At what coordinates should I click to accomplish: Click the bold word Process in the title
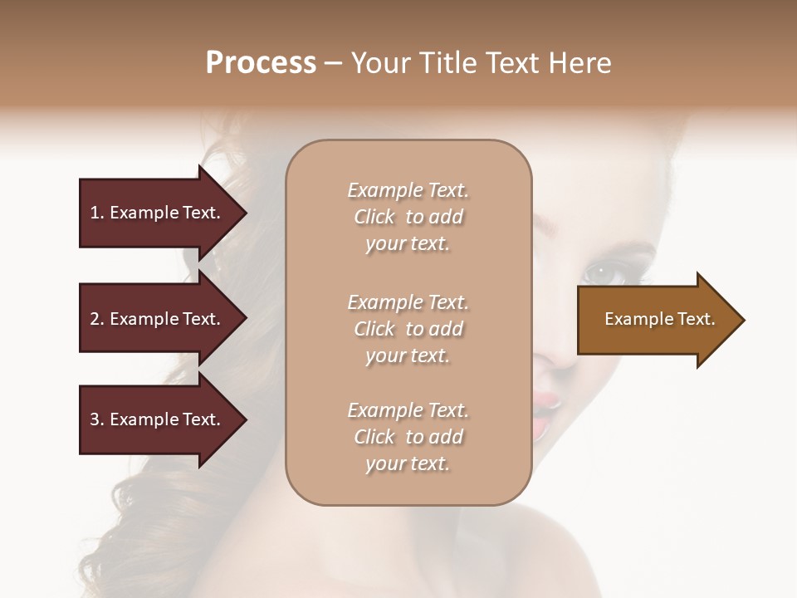click(261, 63)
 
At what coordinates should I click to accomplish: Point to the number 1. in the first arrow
click(97, 213)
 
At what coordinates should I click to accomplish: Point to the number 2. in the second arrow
click(97, 319)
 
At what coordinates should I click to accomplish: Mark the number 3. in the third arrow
click(97, 419)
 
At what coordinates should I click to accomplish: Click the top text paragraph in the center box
click(408, 217)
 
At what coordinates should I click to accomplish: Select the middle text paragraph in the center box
click(408, 329)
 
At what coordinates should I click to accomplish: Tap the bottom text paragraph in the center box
click(408, 437)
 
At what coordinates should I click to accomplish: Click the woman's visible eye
click(599, 272)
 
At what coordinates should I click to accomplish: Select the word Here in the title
click(582, 63)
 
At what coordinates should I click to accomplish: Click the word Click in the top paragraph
click(374, 217)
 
